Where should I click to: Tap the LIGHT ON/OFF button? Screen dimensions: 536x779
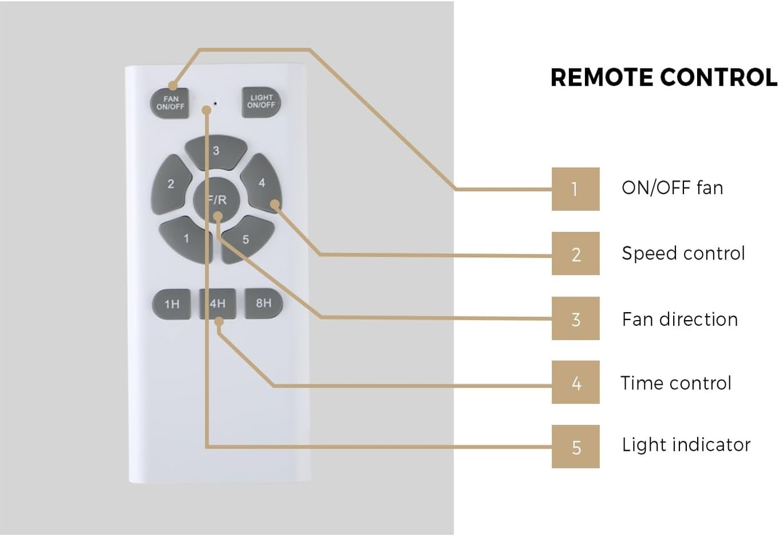(261, 102)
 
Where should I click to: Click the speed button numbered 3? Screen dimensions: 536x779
(216, 151)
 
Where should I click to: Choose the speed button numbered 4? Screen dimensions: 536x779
(261, 183)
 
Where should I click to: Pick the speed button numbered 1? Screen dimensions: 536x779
(185, 239)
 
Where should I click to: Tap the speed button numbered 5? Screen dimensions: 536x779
(246, 239)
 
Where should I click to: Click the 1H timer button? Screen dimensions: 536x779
(172, 304)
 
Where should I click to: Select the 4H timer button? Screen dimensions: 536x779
(218, 304)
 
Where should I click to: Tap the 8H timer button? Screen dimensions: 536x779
(263, 303)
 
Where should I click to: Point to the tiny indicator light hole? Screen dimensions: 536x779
(215, 104)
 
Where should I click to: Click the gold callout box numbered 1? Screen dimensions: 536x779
(575, 189)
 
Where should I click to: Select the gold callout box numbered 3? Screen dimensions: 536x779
(575, 318)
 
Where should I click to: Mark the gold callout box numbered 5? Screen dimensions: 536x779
(575, 447)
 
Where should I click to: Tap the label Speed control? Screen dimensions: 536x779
(683, 253)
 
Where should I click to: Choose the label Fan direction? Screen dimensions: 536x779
(679, 319)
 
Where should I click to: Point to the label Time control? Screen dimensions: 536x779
(675, 383)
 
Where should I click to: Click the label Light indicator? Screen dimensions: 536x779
(686, 445)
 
